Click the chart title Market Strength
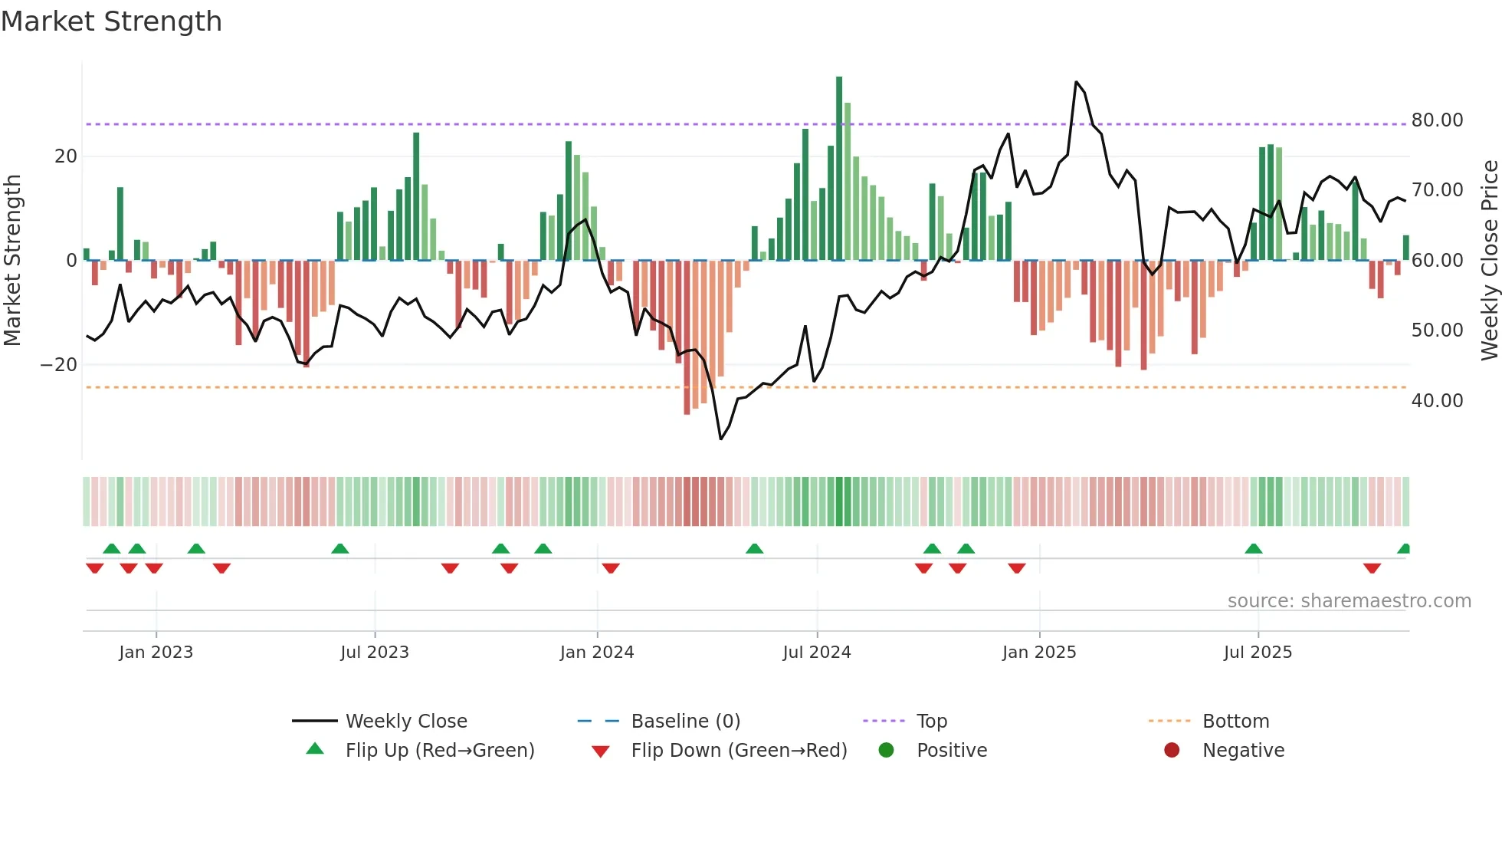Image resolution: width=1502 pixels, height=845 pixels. coord(111,21)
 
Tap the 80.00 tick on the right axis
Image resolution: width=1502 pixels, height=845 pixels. coord(1437,120)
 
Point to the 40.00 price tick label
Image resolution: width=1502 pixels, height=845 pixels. coord(1437,401)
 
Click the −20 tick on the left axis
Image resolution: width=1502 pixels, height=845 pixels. coord(59,365)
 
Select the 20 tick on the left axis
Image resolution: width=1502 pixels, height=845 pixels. coord(66,156)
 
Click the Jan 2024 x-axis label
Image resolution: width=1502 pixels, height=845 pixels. coord(597,653)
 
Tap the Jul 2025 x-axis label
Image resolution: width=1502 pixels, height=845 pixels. coord(1258,653)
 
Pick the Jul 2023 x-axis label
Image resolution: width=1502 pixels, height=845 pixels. coord(375,653)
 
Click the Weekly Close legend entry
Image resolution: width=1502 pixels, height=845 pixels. coord(405,722)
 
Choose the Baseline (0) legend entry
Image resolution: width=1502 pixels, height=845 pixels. coord(685,722)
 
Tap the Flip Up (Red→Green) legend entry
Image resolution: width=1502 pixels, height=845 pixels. coord(439,751)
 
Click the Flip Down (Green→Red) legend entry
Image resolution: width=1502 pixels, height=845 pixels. coord(739,751)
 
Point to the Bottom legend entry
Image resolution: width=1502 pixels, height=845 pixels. coord(1235,722)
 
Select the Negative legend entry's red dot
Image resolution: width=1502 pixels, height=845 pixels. coord(1172,751)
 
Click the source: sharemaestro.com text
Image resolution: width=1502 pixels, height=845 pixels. coord(1349,601)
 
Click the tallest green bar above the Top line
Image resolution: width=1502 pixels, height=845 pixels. coord(839,100)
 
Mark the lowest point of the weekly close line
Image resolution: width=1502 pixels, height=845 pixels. coord(721,439)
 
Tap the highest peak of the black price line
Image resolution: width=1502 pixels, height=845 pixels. coord(1076,82)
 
